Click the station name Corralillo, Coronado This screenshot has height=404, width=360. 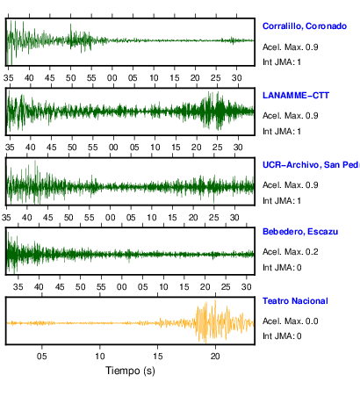pos(305,26)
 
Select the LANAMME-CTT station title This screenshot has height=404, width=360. pos(296,96)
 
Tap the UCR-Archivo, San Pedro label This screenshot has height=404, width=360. pos(311,165)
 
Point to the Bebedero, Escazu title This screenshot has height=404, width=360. pos(300,232)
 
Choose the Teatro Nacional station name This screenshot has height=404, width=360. pos(295,301)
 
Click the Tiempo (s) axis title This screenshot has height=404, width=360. pos(130,371)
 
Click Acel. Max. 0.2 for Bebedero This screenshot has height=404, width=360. pos(291,252)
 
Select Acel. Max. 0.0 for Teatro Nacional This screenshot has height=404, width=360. pos(291,321)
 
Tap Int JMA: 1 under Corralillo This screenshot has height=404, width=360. pos(282,62)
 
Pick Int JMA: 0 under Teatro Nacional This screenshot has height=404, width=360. pos(282,335)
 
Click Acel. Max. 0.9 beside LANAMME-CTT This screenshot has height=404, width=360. pos(291,116)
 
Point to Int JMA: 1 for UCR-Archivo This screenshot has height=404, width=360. pos(282,201)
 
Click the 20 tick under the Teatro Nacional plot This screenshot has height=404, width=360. pos(215,356)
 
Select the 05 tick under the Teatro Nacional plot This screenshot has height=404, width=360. pos(42,356)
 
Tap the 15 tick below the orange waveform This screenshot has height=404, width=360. pos(157,356)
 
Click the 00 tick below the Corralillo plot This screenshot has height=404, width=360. pos(112,78)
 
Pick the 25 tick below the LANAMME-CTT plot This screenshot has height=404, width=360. pos(217,147)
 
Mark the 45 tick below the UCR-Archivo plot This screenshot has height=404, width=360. pos(47,218)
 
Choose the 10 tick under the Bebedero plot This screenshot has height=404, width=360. pos(163,286)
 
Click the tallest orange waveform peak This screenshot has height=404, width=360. pos(215,301)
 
